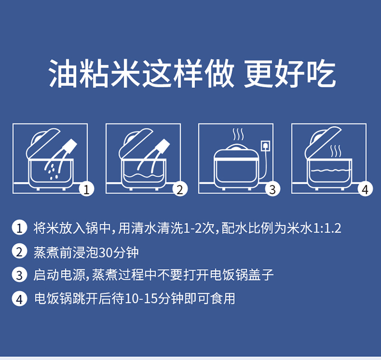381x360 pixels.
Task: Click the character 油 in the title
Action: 63,73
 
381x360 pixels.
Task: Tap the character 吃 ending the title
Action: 321,73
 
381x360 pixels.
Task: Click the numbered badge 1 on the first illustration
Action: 87,189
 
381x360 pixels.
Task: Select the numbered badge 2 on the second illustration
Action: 180,189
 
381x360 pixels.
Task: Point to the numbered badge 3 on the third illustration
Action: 273,189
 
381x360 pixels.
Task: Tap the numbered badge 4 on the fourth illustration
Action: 365,189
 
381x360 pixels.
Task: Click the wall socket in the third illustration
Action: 265,146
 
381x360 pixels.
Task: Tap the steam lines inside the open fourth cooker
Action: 336,151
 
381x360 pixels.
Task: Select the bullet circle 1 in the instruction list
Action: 19,228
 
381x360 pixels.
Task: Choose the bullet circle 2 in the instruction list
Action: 19,252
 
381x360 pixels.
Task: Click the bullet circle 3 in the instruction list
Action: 19,275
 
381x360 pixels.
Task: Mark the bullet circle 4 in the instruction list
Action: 19,299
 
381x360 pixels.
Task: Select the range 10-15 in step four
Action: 141,299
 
